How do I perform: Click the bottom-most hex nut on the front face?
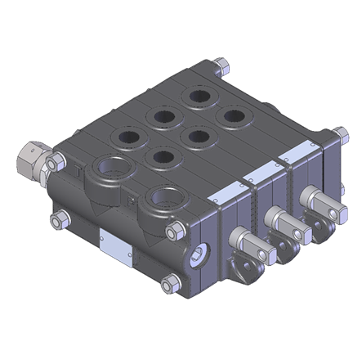(x=169, y=284)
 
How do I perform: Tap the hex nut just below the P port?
(x=173, y=232)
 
